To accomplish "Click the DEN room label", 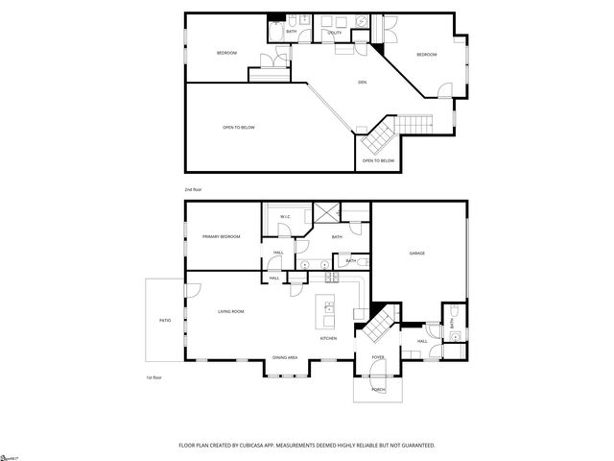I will [x=363, y=82].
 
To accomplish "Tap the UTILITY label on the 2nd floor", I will [x=335, y=33].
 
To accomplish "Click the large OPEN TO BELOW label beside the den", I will [x=239, y=127].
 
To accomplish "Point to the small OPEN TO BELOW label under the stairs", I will [x=378, y=160].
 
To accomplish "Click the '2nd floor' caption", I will [x=193, y=189].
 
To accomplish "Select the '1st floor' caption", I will [x=153, y=377].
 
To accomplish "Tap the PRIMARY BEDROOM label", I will [x=221, y=236].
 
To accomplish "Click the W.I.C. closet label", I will [x=286, y=217].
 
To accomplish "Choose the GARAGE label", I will [x=417, y=254].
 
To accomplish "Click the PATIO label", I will [x=164, y=320].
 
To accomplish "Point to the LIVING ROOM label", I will [x=230, y=311].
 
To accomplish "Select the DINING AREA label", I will [x=284, y=357].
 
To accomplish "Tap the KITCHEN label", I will [x=328, y=338].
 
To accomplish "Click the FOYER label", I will [x=377, y=357].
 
